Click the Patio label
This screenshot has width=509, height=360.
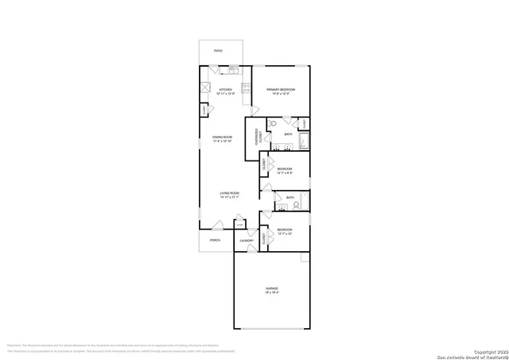click(x=218, y=51)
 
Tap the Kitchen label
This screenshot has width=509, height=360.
click(x=225, y=90)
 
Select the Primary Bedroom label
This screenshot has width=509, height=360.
click(x=281, y=90)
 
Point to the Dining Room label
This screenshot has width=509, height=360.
click(x=222, y=137)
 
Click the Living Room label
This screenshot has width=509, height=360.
click(x=231, y=193)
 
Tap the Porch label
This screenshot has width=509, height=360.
click(x=215, y=239)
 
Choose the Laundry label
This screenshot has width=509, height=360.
click(x=247, y=240)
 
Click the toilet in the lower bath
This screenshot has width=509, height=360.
click(x=295, y=204)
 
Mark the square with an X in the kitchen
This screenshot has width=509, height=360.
click(x=205, y=89)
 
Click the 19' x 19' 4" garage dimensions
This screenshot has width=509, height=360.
click(x=272, y=293)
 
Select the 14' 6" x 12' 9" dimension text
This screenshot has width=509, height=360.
click(x=281, y=95)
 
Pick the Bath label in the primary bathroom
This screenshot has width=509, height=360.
click(x=288, y=134)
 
